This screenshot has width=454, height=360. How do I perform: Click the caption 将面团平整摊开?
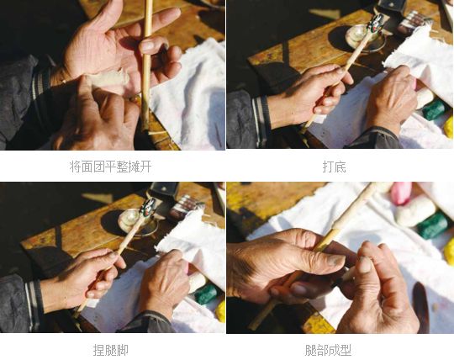point(110,167)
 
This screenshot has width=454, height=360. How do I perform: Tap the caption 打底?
point(334,167)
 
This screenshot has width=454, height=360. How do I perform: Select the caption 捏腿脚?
point(110,350)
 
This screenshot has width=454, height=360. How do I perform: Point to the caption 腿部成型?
point(328,350)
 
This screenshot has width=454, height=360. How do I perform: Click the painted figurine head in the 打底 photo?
point(376,24)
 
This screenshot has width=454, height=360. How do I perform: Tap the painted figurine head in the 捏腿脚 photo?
point(148,208)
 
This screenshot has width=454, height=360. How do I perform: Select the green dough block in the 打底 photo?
point(435,110)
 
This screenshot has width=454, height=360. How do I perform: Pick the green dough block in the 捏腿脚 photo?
point(206,294)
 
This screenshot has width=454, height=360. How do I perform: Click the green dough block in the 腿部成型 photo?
point(434,226)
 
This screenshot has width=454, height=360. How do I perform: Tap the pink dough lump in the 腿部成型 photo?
point(402,193)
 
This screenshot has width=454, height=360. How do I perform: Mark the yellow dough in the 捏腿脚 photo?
point(220,311)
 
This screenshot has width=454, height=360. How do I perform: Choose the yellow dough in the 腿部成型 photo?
point(449,251)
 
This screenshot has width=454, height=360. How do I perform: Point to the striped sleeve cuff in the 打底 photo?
point(261,122)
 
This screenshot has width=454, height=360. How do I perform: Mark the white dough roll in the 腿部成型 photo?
point(416,211)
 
